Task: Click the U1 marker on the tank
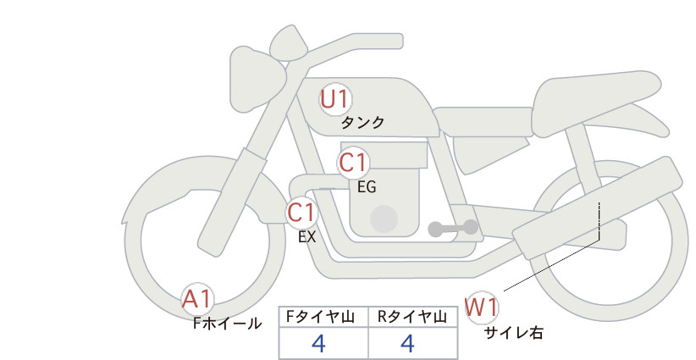[x=334, y=99]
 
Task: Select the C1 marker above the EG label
[x=353, y=163]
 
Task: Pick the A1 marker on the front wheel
[x=198, y=298]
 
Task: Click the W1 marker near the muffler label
[x=480, y=306]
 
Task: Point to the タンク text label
[x=362, y=123]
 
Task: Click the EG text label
[x=367, y=187]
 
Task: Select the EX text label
[x=307, y=237]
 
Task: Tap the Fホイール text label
[x=227, y=323]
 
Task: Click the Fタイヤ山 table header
[x=323, y=316]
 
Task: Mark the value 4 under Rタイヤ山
[x=407, y=343]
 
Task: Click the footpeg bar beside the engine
[x=453, y=228]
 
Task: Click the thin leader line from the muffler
[x=550, y=263]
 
